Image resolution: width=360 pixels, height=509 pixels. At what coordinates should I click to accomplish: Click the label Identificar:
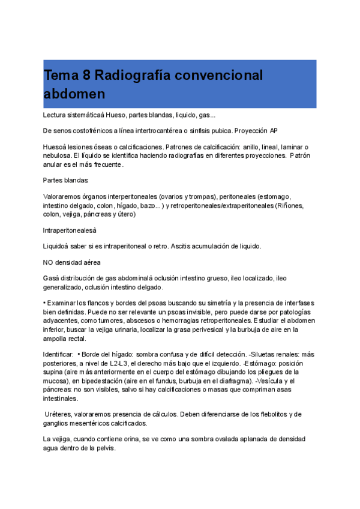58,354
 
